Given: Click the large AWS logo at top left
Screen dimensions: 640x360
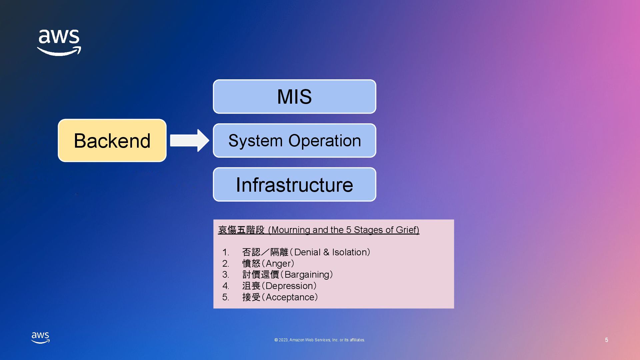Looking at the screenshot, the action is [59, 42].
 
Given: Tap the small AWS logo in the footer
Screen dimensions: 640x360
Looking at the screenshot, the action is [40, 337].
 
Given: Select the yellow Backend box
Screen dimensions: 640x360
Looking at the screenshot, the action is [112, 141].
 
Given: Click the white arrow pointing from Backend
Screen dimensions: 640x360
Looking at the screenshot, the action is [189, 140].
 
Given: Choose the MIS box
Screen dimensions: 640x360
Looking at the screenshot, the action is [294, 97].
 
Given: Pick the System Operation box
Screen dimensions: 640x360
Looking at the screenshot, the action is [294, 140].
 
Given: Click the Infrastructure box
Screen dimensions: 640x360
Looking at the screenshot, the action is [294, 184].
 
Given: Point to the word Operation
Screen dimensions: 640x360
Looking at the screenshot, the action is [324, 141].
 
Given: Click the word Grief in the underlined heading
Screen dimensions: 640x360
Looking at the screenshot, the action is [407, 230].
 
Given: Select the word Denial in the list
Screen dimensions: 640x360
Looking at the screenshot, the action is [307, 252].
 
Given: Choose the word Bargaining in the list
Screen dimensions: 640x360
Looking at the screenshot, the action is [307, 275].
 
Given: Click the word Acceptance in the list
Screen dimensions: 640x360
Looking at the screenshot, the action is [290, 297].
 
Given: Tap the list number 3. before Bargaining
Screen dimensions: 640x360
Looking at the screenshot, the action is [226, 275].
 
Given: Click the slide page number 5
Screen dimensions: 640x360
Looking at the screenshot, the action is [606, 340].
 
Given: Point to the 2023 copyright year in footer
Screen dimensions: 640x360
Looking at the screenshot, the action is [283, 340].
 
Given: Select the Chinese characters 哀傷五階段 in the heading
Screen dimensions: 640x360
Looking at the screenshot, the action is [241, 230].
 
